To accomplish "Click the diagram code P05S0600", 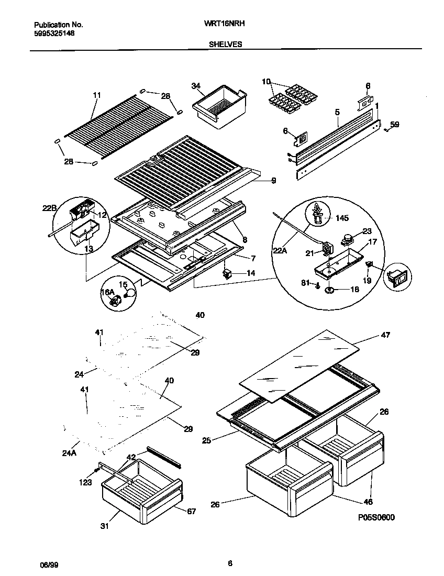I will tap(376, 517).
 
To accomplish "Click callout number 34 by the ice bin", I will tap(196, 86).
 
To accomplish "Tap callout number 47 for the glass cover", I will tap(385, 335).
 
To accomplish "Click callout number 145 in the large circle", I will tap(342, 217).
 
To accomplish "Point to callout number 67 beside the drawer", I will tap(191, 511).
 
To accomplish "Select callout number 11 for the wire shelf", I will tap(96, 95).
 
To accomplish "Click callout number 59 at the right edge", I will tap(395, 125).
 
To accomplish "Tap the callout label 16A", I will tap(107, 292).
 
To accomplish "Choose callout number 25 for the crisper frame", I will tap(206, 441).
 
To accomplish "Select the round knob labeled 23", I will tap(346, 239).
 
